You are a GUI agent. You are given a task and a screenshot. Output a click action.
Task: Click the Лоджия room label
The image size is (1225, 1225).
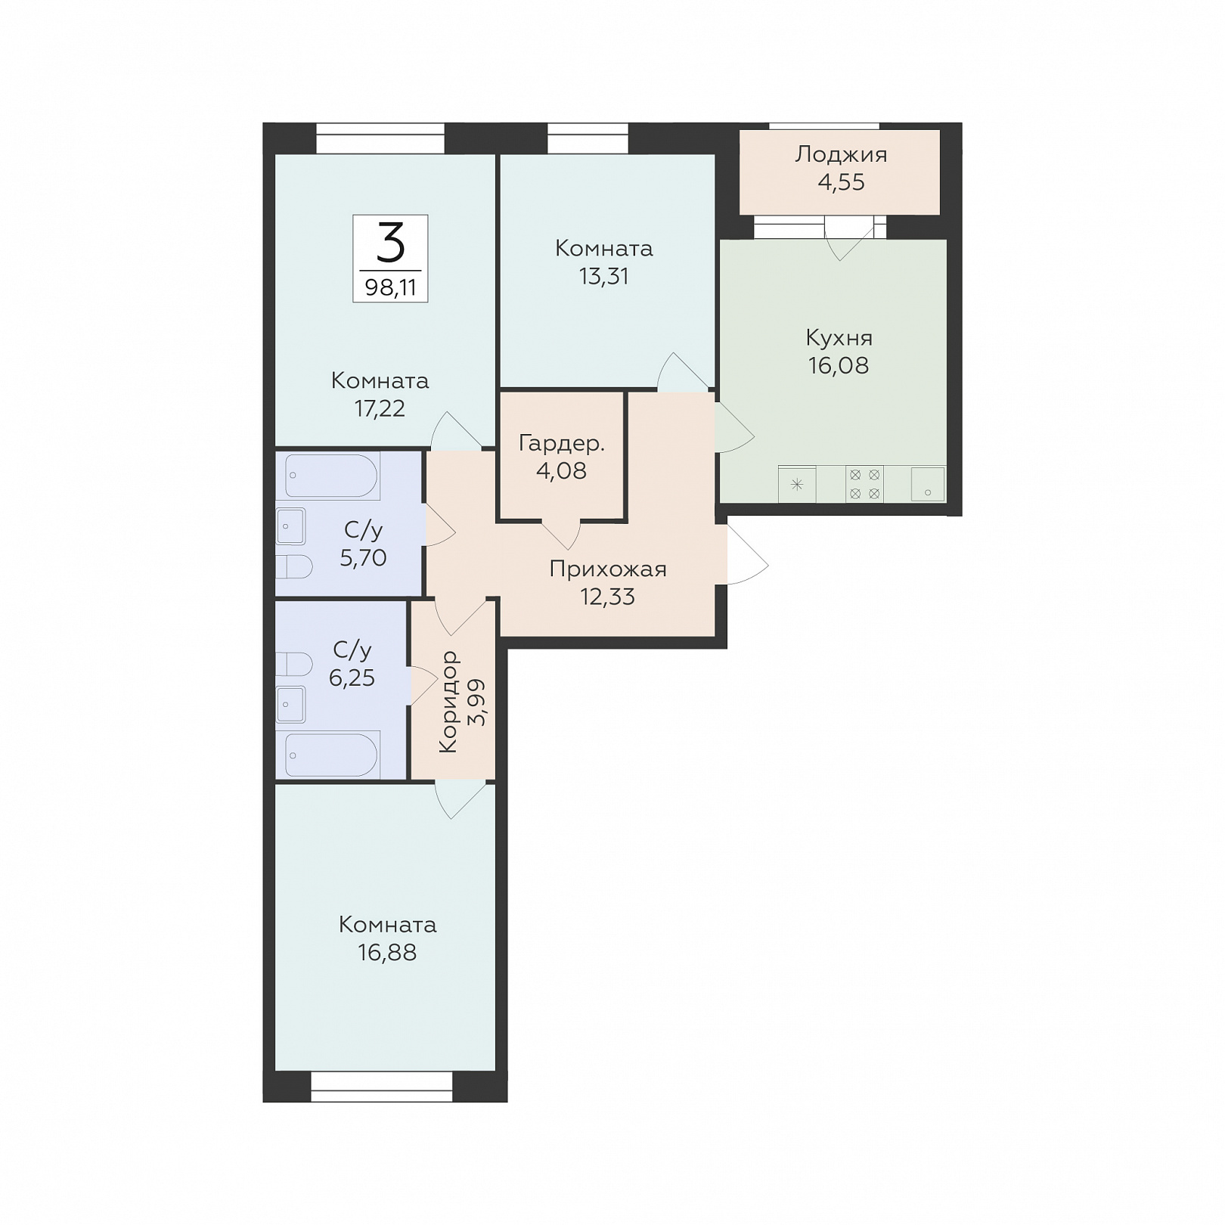[x=841, y=155]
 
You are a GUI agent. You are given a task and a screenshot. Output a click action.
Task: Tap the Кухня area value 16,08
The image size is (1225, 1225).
[x=839, y=366]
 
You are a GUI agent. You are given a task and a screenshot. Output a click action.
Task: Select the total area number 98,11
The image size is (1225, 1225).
[x=390, y=287]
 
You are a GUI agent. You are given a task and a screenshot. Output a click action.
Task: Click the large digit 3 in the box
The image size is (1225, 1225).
[x=390, y=243]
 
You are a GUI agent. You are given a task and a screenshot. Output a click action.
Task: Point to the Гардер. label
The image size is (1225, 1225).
[x=562, y=444]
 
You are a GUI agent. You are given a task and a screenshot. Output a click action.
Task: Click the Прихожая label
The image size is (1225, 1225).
[x=608, y=569]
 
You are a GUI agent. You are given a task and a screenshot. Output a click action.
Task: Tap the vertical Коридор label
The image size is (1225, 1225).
[x=448, y=702]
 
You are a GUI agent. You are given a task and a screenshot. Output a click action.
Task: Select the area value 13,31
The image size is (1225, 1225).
[x=603, y=277]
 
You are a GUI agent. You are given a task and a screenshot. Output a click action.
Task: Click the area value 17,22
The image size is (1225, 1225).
[x=380, y=409]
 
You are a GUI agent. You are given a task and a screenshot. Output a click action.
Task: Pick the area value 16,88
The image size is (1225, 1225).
[x=387, y=953]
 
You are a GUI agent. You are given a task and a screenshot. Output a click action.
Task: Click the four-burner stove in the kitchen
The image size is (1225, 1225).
[x=864, y=484]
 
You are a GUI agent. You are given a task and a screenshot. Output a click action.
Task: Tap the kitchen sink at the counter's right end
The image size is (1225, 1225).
[x=928, y=484]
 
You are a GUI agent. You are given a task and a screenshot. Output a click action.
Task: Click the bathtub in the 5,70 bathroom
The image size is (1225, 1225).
[x=332, y=476]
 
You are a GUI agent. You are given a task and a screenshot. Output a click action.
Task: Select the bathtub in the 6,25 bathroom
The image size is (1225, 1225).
[x=332, y=755]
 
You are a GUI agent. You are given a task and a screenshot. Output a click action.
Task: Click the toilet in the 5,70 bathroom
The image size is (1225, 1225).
[x=294, y=567]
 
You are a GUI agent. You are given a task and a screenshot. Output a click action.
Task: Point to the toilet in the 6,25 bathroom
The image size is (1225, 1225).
[x=294, y=664]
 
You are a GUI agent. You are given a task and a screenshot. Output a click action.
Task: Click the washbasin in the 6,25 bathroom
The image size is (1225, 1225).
[x=291, y=705]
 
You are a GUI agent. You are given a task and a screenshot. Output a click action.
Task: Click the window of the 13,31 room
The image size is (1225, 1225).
[x=588, y=138]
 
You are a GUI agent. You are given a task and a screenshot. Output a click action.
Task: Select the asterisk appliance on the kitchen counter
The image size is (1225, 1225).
[x=797, y=485]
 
